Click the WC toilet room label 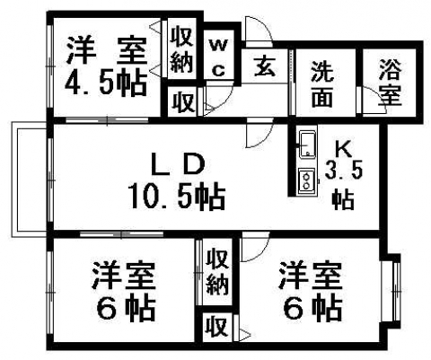pos(219,57)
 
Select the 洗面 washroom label pos(322,84)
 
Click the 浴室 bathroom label pos(390,83)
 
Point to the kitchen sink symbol pos(308,145)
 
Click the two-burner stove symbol pos(307,180)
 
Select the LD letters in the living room pos(178,164)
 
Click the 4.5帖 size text pos(106,83)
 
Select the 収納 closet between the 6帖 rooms pos(218,271)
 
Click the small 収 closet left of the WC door pos(182,101)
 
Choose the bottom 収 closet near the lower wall pos(217,327)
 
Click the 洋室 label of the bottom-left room pos(124,275)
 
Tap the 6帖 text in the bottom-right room pos(312,309)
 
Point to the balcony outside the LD pos(30,180)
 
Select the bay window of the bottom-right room pos(391,291)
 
